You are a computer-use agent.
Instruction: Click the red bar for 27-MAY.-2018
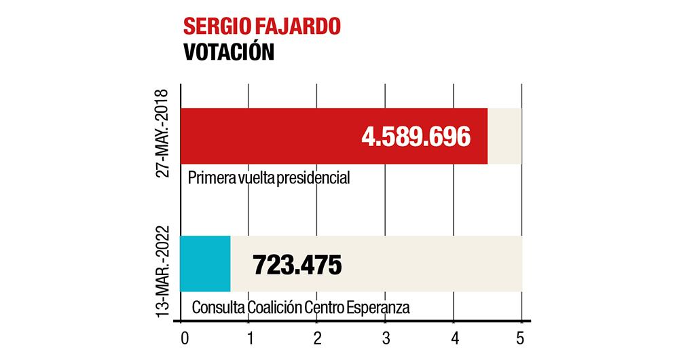tap(272, 136)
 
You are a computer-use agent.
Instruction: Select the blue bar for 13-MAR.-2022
tap(205, 264)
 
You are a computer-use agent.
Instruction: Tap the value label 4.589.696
tap(416, 137)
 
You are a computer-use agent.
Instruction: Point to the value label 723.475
tap(297, 264)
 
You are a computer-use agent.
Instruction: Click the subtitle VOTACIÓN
tap(229, 53)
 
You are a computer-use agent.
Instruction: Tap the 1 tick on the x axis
tap(250, 337)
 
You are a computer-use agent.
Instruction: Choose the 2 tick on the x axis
tap(317, 337)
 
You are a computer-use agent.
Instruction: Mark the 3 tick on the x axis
tap(386, 337)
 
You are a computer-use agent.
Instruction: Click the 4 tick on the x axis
tap(455, 337)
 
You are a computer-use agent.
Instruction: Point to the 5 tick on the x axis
tap(521, 337)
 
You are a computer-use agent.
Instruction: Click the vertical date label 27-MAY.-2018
tap(163, 134)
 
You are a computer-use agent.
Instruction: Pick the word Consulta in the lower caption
tap(218, 307)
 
